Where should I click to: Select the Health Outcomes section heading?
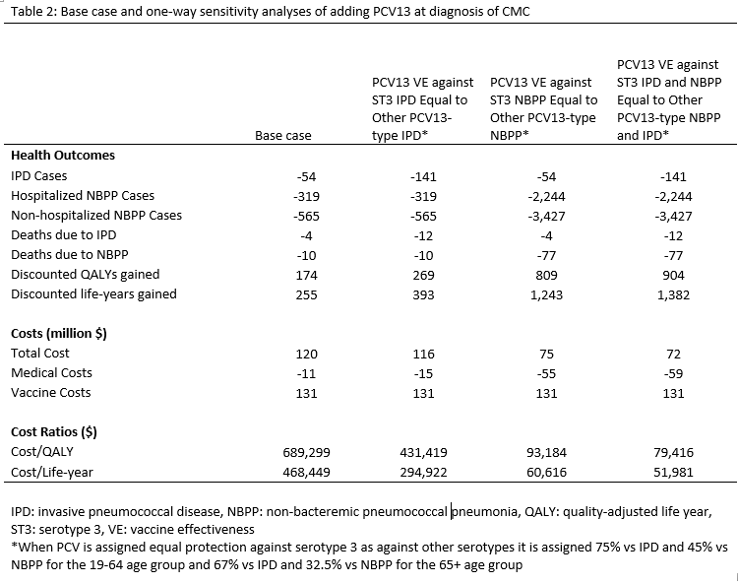62,155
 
